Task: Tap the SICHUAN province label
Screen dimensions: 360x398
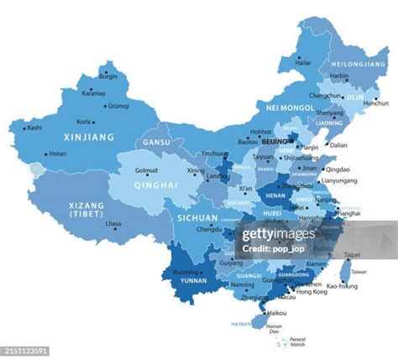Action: [x=197, y=217]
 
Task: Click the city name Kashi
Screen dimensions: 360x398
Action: [x=34, y=128]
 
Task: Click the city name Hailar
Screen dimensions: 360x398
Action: [x=303, y=62]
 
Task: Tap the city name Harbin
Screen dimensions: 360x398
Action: [x=339, y=76]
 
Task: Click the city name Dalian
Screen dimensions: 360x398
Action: [x=338, y=145]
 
